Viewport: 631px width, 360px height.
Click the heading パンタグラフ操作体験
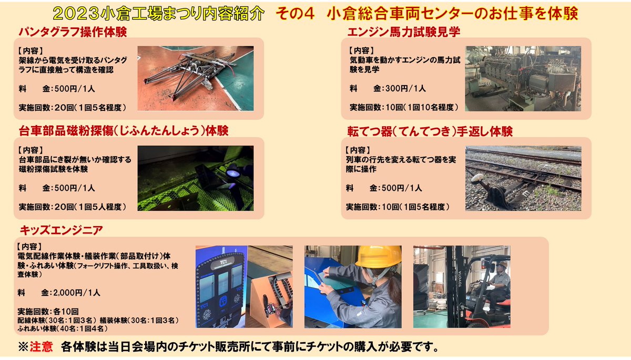(x=73, y=32)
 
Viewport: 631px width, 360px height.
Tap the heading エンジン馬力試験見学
(x=404, y=32)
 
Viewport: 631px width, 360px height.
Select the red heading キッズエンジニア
(x=62, y=230)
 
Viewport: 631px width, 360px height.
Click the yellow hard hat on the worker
(x=378, y=256)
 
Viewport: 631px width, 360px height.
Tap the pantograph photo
(x=196, y=78)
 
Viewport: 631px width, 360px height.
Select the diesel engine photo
(x=523, y=78)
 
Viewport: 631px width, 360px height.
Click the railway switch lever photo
(x=523, y=178)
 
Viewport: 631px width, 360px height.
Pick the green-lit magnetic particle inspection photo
(x=196, y=178)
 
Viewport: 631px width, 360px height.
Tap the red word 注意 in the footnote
(x=41, y=347)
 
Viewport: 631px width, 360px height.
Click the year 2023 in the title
(x=76, y=14)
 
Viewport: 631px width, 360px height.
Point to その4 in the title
(x=294, y=14)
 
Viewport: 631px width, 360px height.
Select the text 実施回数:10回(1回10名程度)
(x=404, y=107)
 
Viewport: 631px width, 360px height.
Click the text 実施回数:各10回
(x=48, y=311)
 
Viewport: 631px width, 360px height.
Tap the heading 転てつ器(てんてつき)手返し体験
(x=430, y=131)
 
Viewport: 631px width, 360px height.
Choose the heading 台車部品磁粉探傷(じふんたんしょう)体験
(x=124, y=131)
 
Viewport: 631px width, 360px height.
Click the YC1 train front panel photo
(x=244, y=286)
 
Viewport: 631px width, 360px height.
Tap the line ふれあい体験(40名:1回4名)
(x=63, y=328)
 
